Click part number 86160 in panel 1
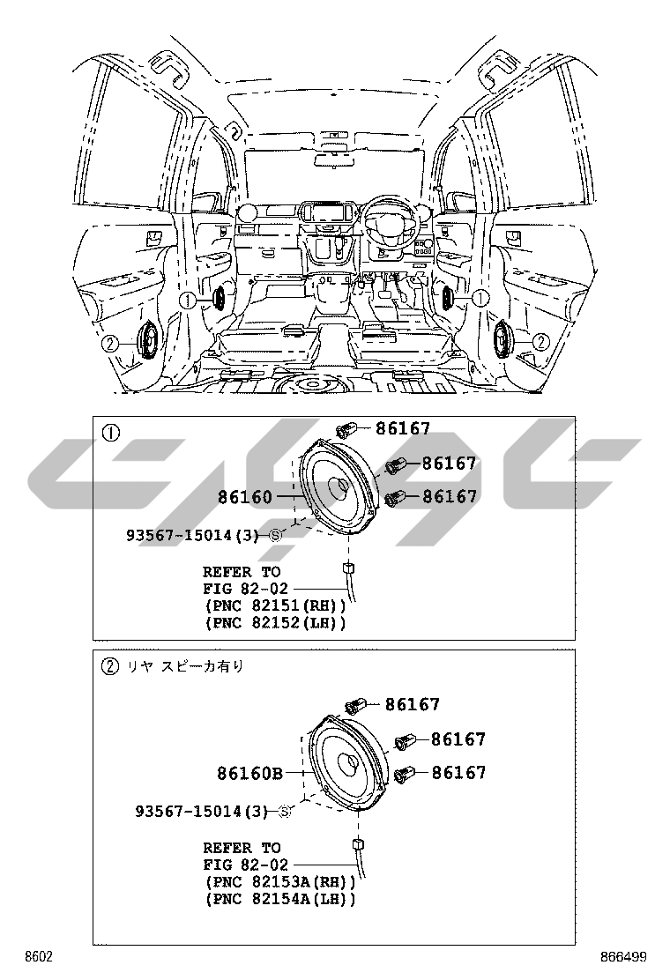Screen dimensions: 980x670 click(245, 497)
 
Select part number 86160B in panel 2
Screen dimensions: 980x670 click(249, 774)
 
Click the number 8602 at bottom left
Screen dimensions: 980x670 click(38, 957)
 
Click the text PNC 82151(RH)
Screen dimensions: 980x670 click(274, 605)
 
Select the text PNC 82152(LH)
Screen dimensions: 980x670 click(274, 623)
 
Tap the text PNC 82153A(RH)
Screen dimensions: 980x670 click(279, 881)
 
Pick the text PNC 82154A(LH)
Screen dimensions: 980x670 click(279, 899)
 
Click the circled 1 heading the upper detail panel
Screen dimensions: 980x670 click(109, 433)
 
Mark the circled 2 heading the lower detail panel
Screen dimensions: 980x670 click(109, 666)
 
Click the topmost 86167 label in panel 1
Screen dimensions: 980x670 click(403, 429)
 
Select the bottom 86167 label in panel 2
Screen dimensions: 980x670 click(458, 773)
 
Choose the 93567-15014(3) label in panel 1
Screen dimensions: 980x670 click(195, 535)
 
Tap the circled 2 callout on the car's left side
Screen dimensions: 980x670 click(109, 344)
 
